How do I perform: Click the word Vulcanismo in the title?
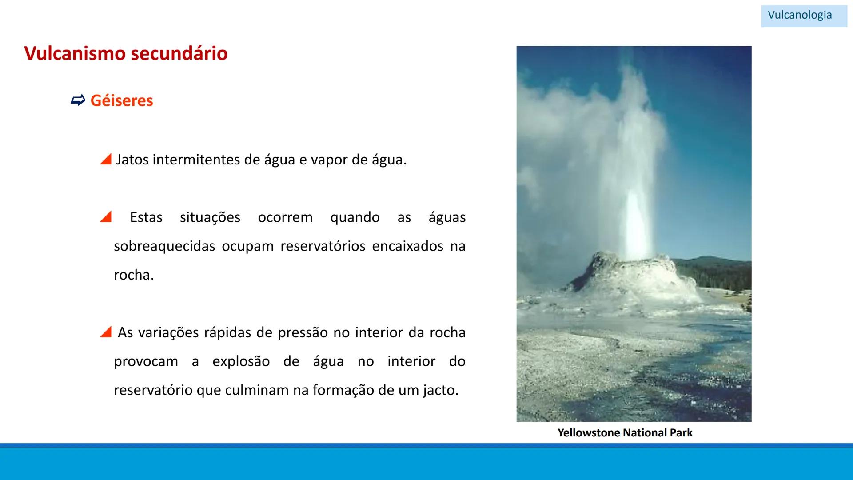75,53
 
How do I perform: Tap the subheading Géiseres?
121,100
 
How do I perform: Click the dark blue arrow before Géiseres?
78,100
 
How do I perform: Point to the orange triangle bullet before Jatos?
106,159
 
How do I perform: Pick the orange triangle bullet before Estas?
106,217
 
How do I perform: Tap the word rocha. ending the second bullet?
134,275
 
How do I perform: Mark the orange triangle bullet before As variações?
106,332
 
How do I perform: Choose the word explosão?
241,361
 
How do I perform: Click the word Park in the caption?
681,432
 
